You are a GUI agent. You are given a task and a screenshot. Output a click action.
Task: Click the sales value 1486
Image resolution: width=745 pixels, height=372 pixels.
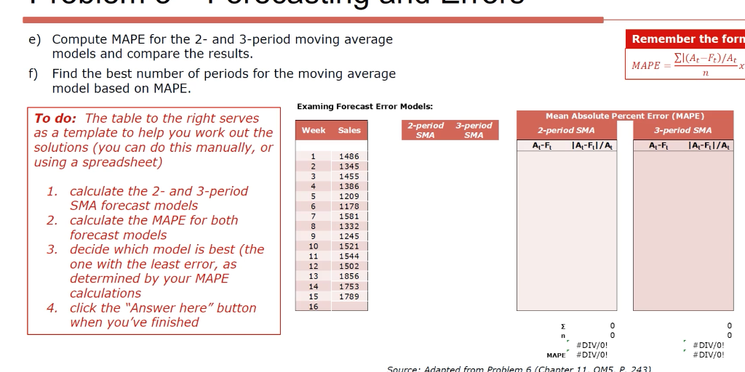click(x=349, y=156)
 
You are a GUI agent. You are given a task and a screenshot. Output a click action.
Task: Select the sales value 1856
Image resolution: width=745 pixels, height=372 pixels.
click(x=349, y=276)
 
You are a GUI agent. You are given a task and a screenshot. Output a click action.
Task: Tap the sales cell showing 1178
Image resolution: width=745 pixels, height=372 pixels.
click(x=349, y=206)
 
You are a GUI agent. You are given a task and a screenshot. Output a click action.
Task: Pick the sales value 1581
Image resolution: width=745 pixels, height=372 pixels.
click(x=349, y=217)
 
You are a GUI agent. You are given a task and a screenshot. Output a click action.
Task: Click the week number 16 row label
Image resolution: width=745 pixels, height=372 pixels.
click(x=314, y=307)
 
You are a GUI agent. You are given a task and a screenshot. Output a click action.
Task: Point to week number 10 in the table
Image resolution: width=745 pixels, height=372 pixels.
click(x=314, y=246)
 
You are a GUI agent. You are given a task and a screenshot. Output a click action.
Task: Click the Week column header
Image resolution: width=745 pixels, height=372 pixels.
click(x=314, y=131)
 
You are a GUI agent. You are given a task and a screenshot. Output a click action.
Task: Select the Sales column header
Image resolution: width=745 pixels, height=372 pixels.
click(x=349, y=131)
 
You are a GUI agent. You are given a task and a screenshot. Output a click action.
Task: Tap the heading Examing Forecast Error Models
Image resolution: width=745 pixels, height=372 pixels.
click(x=364, y=107)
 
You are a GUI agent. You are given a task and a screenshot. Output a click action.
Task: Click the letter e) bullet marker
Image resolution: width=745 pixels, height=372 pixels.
click(x=34, y=39)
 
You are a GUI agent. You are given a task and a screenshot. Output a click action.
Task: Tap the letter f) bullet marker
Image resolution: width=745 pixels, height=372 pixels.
click(x=34, y=74)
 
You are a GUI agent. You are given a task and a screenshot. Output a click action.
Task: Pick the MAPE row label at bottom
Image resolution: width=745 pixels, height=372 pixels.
click(x=556, y=355)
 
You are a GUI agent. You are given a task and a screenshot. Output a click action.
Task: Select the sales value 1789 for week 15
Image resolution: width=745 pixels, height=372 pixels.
click(x=349, y=296)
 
